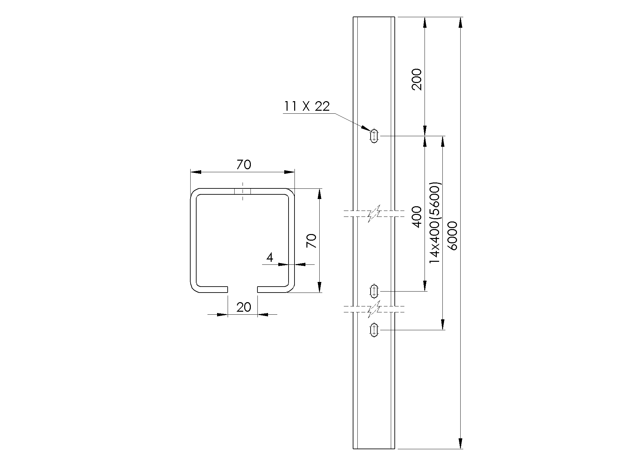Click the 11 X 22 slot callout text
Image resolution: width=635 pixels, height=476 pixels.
(x=307, y=106)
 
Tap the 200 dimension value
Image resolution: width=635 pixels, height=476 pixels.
(x=417, y=79)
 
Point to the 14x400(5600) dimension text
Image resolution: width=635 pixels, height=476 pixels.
(x=435, y=223)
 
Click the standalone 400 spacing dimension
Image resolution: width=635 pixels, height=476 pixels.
(x=417, y=217)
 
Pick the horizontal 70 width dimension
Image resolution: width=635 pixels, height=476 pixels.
(x=244, y=165)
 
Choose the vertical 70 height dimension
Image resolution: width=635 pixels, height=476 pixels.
(x=311, y=241)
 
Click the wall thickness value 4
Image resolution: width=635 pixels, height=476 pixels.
(x=270, y=258)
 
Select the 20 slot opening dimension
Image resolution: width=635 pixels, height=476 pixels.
(x=244, y=307)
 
